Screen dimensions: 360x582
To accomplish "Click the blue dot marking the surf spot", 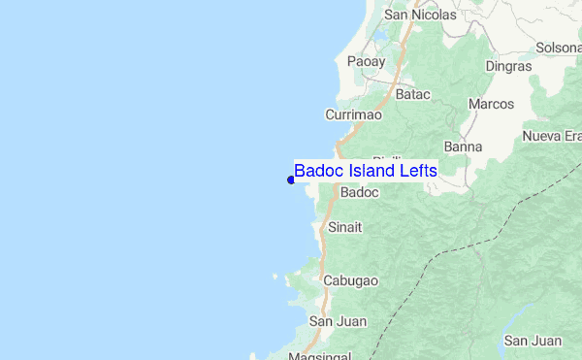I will coord(291,180).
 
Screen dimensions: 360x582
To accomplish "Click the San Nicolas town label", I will coord(420,16).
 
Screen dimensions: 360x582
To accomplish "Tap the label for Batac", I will coord(412,95).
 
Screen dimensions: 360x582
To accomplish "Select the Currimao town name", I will coord(353,115).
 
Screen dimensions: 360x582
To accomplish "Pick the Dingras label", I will coord(510,67).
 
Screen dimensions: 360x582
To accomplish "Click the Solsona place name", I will coord(559,48).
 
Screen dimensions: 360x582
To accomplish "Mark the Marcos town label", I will coord(490,103).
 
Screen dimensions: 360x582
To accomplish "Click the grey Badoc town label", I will coord(360,193).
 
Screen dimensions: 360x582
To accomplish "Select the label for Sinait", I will coord(345,228).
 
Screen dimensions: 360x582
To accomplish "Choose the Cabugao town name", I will coord(350,280).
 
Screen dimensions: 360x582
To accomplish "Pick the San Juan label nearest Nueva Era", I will coord(533,341).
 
